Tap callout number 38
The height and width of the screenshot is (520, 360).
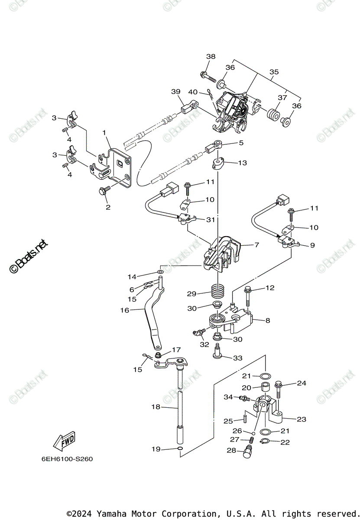tap(211, 57)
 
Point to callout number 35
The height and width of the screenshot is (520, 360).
tap(274, 72)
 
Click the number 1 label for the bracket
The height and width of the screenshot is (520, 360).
tap(104, 132)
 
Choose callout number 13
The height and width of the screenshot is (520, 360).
tap(242, 163)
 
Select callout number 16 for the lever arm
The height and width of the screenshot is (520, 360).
tap(125, 310)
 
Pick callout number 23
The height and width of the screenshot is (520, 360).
tap(301, 419)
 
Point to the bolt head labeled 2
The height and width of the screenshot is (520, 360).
tap(104, 191)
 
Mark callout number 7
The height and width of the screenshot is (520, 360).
tap(256, 245)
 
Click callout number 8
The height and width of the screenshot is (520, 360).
tap(267, 321)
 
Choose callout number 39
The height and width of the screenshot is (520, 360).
tap(175, 91)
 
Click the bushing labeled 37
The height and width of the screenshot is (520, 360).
tap(273, 116)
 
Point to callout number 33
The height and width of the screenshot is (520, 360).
tap(237, 358)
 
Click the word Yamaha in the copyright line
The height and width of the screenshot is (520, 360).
tap(111, 513)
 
